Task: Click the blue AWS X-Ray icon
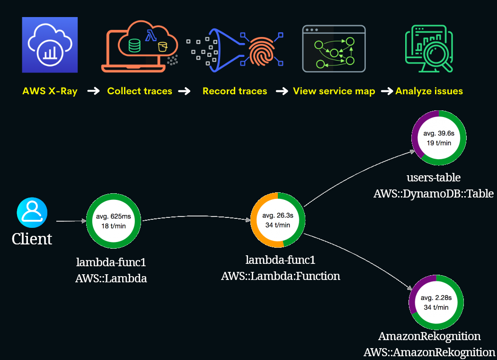[x=50, y=45]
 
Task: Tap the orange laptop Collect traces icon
[x=140, y=46]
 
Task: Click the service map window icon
[x=334, y=49]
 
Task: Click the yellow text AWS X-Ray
[x=50, y=91]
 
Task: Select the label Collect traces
[x=140, y=91]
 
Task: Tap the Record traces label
[x=235, y=91]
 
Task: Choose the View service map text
[x=334, y=91]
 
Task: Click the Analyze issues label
[x=429, y=91]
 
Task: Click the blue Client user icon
[x=32, y=213]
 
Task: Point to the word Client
[x=32, y=239]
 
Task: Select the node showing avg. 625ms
[x=114, y=221]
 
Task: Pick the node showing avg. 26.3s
[x=278, y=220]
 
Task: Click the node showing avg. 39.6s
[x=439, y=137]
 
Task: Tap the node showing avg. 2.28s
[x=436, y=302]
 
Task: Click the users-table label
[x=434, y=178]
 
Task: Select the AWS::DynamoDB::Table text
[x=434, y=193]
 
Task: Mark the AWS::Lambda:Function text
[x=281, y=276]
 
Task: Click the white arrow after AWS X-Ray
[x=94, y=91]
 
